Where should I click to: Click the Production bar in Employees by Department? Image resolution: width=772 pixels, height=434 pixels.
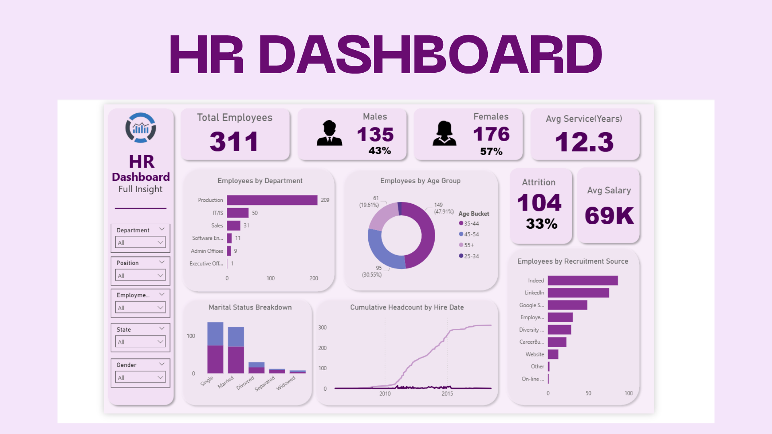pos(272,200)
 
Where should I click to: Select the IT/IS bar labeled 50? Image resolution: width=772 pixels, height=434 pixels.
pos(238,213)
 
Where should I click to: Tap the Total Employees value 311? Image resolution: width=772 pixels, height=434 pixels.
pos(234,141)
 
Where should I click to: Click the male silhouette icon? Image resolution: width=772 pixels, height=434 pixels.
pos(329,133)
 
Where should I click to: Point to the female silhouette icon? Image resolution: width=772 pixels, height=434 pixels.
pos(444,133)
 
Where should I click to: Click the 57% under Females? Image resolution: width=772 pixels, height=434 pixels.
pos(491,151)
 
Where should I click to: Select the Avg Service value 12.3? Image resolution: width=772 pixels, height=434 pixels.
pos(584,142)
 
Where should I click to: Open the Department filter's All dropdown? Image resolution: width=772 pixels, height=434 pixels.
pos(140,242)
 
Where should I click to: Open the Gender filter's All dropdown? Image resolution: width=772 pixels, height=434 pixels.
pos(140,377)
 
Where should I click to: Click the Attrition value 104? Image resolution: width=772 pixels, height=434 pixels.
pos(539,203)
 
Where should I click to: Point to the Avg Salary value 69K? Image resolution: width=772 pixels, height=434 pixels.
pos(609,216)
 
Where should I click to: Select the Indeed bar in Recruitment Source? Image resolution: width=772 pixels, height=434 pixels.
pos(583,280)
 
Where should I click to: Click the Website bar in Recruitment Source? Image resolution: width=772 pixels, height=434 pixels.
pos(553,354)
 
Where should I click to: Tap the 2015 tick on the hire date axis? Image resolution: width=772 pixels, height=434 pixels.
pos(447,393)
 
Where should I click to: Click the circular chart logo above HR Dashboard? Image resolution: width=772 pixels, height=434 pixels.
pos(141,128)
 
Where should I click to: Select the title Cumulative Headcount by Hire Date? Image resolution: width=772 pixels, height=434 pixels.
pos(407,307)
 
